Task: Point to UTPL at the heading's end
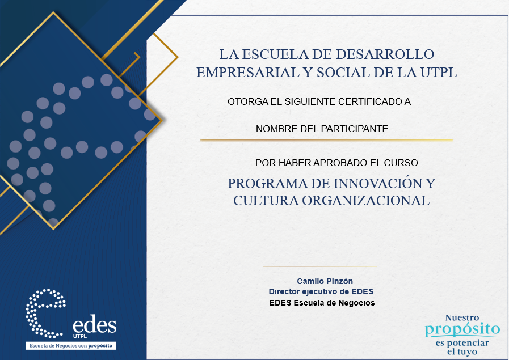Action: click(439, 73)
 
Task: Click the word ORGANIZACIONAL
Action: click(366, 201)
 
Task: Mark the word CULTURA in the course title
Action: click(266, 201)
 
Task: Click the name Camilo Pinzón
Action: click(325, 281)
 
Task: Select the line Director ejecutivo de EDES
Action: click(321, 291)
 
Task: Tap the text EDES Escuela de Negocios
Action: click(322, 303)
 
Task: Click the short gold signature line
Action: click(319, 266)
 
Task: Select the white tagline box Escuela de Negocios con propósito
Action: click(71, 345)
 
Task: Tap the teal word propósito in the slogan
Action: click(462, 330)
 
